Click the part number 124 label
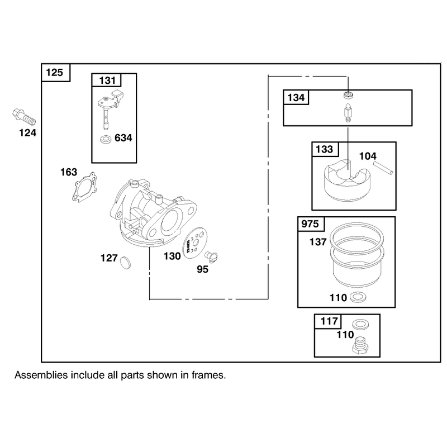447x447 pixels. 27,133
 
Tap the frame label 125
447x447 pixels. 54,73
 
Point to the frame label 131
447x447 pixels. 107,80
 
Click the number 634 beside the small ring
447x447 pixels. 123,138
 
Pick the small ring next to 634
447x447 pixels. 107,140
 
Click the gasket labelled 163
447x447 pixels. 84,187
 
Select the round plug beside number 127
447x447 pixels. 125,263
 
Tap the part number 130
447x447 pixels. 172,256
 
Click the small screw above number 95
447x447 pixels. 212,256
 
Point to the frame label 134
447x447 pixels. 296,98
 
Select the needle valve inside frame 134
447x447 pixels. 348,113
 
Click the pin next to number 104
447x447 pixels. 383,168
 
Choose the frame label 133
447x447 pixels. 325,149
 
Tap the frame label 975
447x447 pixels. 310,224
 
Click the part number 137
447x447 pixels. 318,242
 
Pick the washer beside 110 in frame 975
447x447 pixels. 358,297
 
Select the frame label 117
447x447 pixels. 329,321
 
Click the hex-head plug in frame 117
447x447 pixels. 360,345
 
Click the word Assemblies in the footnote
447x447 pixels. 41,375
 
